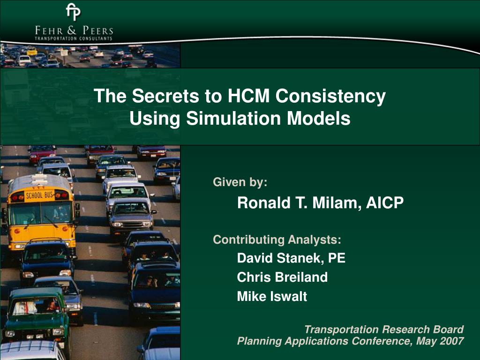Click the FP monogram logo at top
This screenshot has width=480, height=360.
(x=74, y=12)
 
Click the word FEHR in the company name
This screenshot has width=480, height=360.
(x=49, y=30)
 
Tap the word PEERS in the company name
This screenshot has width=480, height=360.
(x=98, y=30)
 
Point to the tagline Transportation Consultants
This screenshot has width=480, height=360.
(x=74, y=38)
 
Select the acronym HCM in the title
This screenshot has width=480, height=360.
(x=248, y=96)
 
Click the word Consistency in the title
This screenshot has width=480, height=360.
(x=330, y=96)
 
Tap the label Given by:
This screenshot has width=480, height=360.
(x=240, y=182)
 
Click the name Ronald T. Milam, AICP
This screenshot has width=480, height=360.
(x=321, y=203)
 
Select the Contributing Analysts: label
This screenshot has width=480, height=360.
(x=277, y=240)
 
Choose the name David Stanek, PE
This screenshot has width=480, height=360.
(x=291, y=258)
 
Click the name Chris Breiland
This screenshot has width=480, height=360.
(x=282, y=277)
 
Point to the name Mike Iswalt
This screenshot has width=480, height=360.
(x=272, y=296)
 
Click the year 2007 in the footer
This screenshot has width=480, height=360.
(x=452, y=341)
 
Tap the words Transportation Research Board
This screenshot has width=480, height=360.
(x=384, y=330)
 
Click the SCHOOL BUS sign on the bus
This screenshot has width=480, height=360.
(x=40, y=195)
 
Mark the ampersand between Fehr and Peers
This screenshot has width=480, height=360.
(x=72, y=30)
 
